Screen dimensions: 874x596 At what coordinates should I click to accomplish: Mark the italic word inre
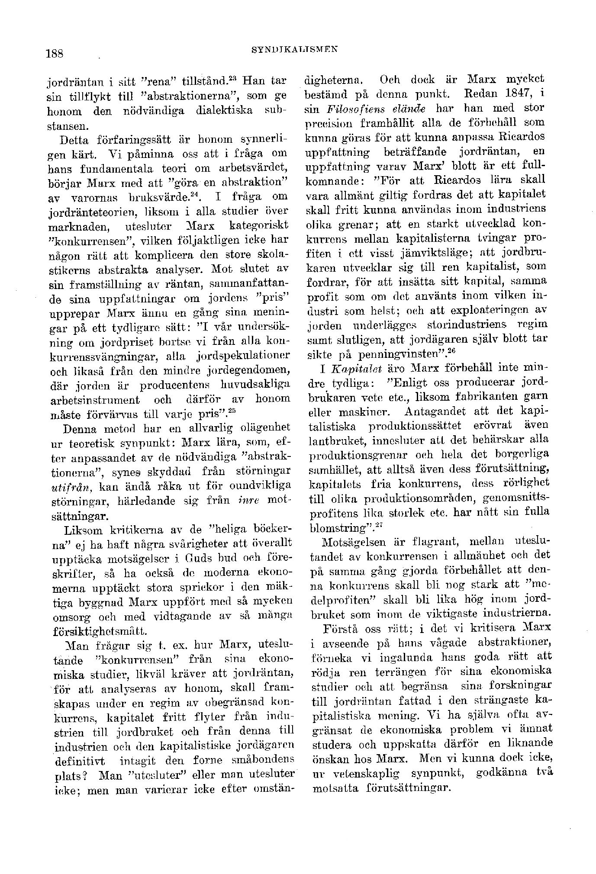248,501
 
